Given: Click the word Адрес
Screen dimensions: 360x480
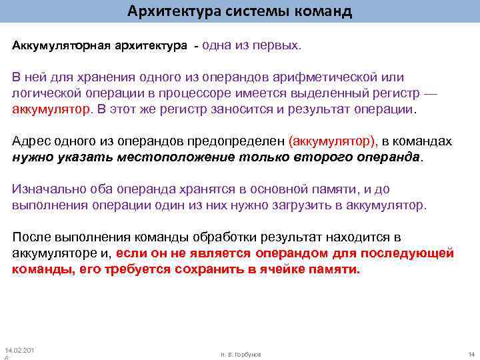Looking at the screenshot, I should click(31, 142).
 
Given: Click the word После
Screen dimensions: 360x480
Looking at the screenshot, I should click(31, 237).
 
